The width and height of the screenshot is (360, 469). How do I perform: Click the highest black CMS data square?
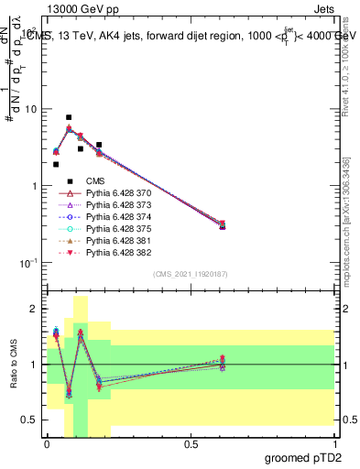(69, 117)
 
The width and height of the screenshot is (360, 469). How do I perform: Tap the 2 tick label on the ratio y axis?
(35, 310)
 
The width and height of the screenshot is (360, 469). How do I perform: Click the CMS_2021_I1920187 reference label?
(190, 274)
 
